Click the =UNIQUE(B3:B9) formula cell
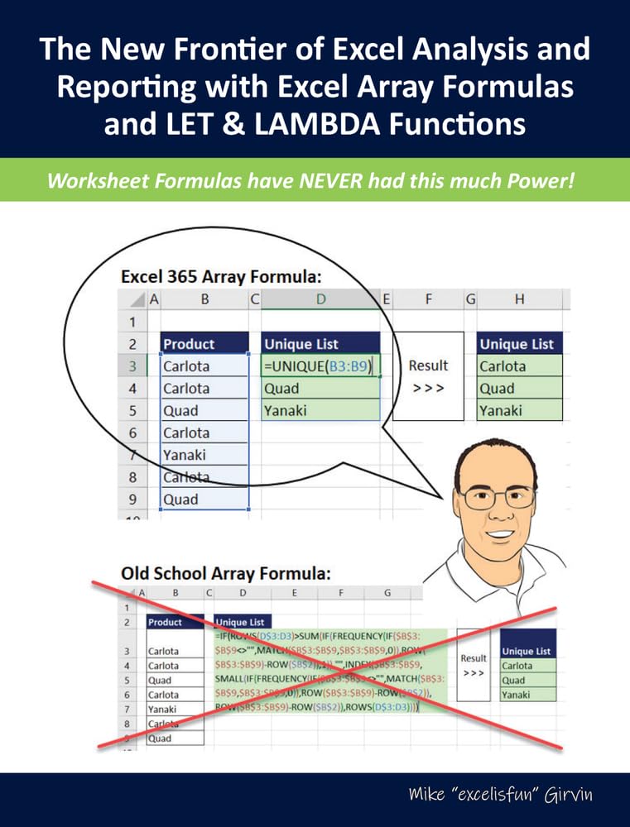320,366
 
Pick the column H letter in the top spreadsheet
519,299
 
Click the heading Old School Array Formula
226,573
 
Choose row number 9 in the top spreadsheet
132,500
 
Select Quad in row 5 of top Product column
180,411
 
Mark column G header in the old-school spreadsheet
387,593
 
